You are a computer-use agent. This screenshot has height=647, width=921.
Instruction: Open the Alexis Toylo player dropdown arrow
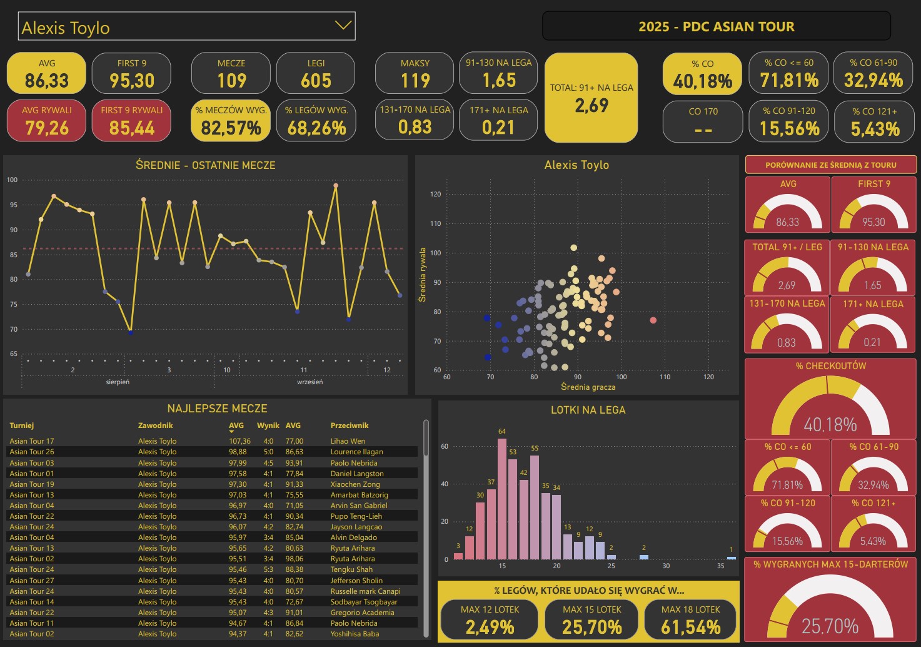pos(343,26)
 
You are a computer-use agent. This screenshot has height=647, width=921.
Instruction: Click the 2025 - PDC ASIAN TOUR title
pos(716,27)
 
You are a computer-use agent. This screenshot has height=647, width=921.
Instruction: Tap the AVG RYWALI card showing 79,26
pos(47,121)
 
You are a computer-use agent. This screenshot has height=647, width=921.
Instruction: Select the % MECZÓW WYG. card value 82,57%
pos(231,128)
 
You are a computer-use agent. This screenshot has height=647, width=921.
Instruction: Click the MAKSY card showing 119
pos(415,73)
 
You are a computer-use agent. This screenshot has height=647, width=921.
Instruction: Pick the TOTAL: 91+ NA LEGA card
pos(591,97)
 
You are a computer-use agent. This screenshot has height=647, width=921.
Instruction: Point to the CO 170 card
pos(703,121)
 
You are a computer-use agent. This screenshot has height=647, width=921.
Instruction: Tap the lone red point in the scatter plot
pos(653,320)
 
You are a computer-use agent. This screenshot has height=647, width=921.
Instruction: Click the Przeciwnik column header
pos(350,425)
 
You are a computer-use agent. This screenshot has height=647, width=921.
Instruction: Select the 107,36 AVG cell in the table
pos(239,441)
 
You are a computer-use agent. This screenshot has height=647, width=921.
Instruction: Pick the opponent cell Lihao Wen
pos(348,441)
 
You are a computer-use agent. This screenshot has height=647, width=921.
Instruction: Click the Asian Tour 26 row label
pos(32,452)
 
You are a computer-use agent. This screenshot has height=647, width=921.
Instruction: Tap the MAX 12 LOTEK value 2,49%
pos(490,627)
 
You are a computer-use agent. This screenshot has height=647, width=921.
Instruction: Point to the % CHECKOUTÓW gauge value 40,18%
pos(830,425)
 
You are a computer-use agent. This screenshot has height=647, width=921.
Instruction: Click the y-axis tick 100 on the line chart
pos(13,180)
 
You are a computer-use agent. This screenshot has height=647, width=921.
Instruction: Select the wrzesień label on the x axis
pos(310,382)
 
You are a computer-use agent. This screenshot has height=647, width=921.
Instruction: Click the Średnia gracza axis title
pos(588,387)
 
